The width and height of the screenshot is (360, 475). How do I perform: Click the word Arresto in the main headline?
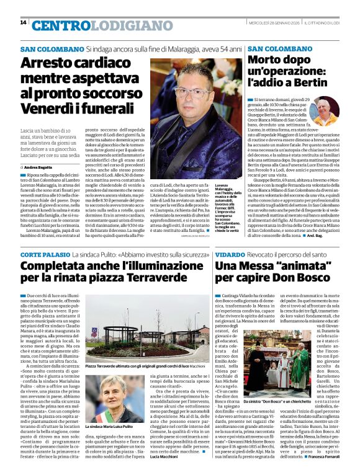pyautogui.click(x=52, y=64)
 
